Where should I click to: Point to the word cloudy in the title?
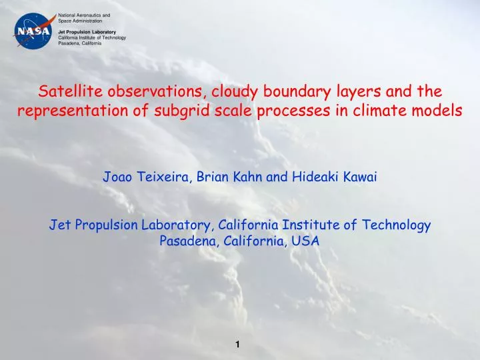[x=229, y=91]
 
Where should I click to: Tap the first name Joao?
[x=117, y=177]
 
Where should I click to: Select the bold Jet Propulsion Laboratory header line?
[x=87, y=32]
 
